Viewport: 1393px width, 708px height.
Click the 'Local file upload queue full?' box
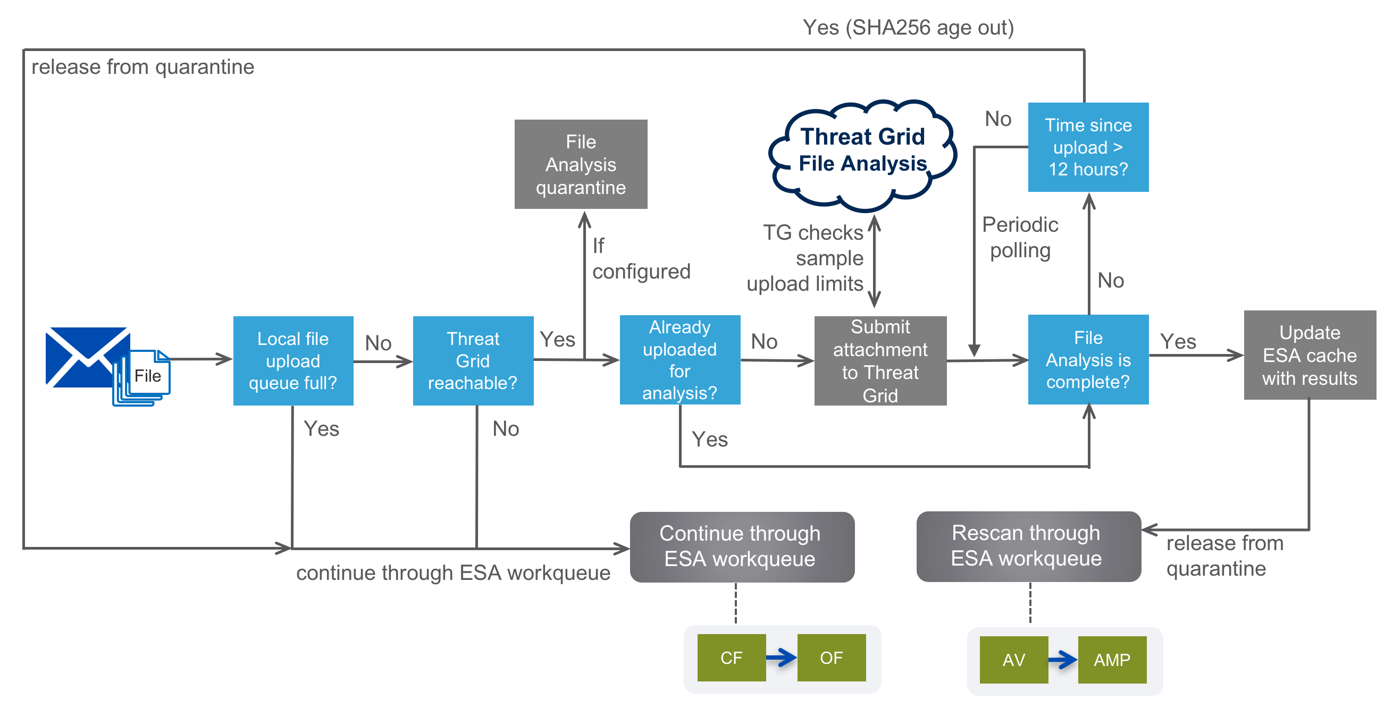(293, 360)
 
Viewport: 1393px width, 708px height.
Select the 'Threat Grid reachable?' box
(473, 360)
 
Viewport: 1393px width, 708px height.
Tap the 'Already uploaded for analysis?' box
(679, 360)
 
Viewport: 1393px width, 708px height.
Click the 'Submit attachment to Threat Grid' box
(880, 360)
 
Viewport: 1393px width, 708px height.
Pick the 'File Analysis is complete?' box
(1088, 359)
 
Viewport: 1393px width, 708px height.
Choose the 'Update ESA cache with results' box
(1310, 355)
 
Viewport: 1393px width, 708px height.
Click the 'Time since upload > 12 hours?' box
(1088, 147)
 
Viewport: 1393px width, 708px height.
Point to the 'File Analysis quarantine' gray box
(581, 164)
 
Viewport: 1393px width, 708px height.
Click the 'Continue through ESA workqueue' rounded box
(742, 547)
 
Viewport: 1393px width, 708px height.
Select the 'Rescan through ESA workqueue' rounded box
(1028, 546)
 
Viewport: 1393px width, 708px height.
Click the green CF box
(732, 658)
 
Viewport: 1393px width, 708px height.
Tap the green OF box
(831, 658)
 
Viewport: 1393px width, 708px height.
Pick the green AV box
(1014, 660)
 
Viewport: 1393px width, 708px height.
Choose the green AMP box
(1112, 660)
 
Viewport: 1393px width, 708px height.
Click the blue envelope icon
(87, 357)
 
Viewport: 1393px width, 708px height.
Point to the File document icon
(142, 378)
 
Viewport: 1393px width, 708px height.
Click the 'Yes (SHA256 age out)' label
(908, 28)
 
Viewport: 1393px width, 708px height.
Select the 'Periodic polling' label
(1020, 237)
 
